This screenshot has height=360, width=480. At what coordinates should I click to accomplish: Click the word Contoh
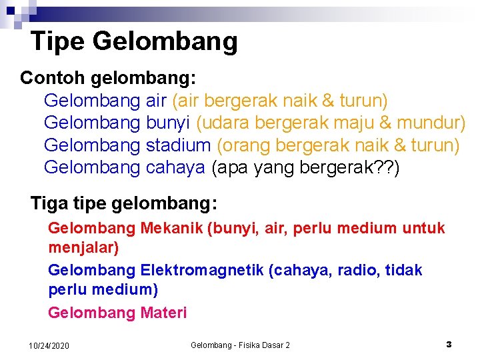[x=52, y=78]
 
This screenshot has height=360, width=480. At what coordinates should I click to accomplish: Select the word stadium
[x=178, y=145]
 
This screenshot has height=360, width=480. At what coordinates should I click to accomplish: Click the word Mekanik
[x=172, y=229]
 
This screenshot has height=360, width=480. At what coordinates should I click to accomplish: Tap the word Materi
[x=163, y=312]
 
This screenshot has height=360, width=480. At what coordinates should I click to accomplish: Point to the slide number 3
[x=449, y=345]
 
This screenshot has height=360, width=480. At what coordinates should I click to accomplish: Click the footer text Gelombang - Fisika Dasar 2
[x=240, y=345]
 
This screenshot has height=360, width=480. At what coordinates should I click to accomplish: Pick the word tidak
[x=404, y=270]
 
